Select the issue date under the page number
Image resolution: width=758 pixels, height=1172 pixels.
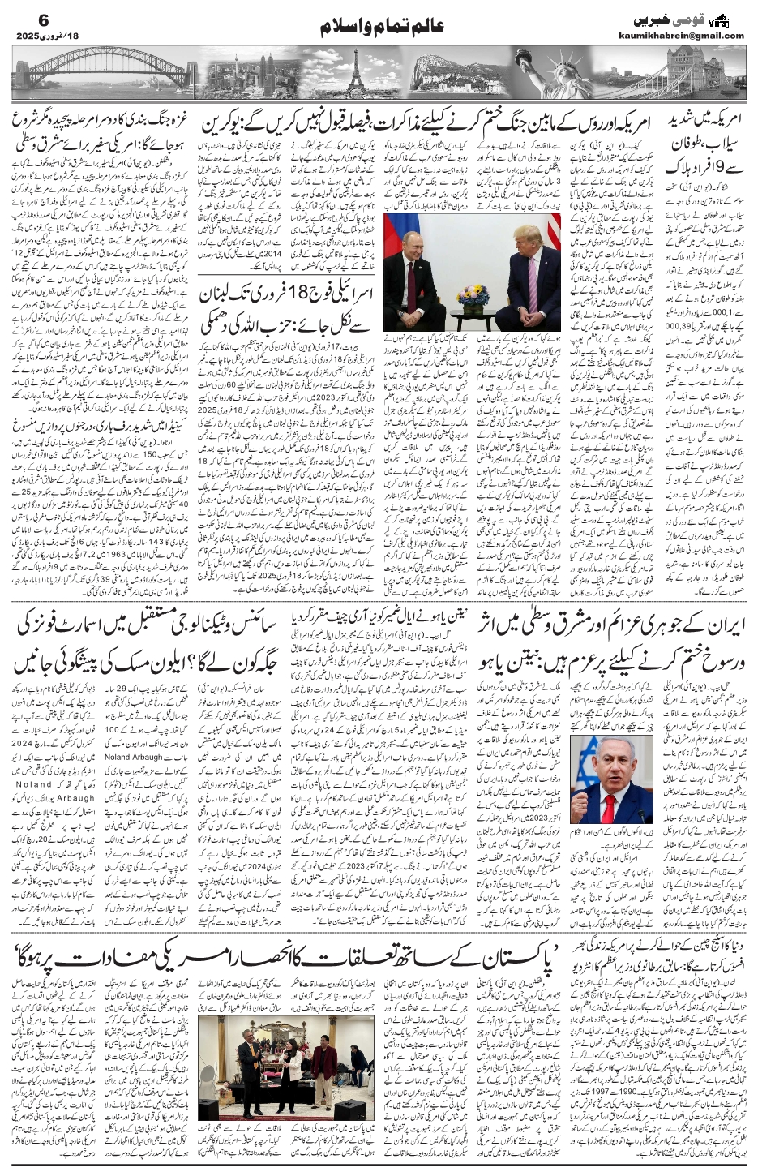click(x=49, y=36)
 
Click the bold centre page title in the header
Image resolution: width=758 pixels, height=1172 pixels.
click(x=379, y=28)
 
